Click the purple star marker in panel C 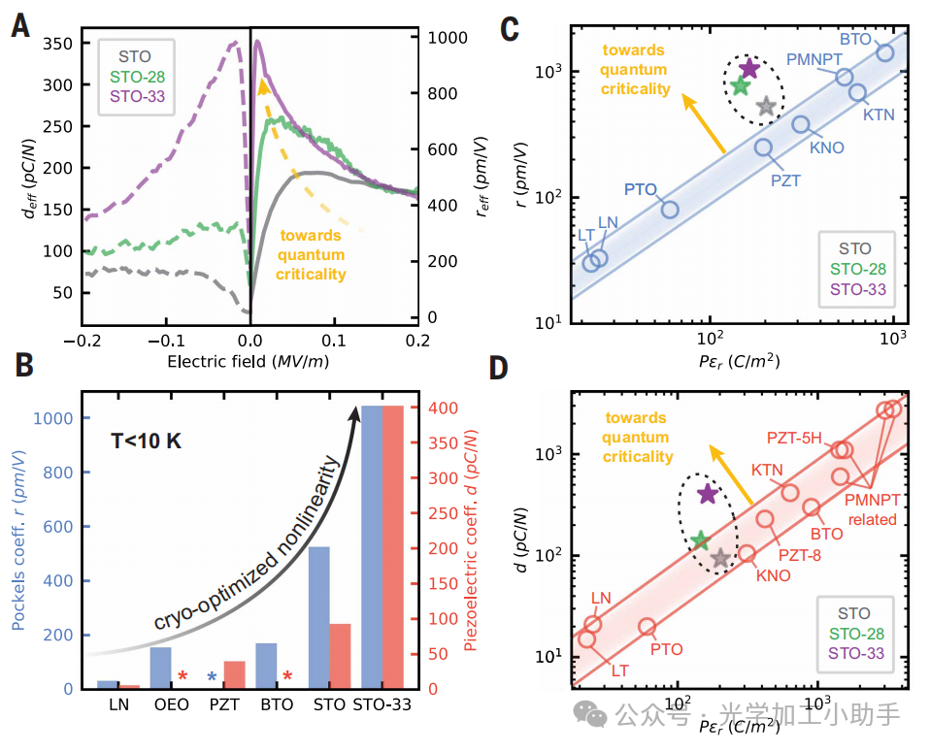click(748, 68)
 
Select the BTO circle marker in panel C click(885, 51)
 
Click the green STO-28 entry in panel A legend click(138, 76)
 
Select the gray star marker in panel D click(719, 558)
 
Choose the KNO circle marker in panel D click(747, 554)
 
